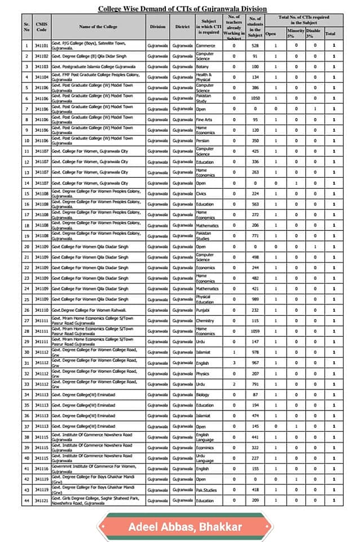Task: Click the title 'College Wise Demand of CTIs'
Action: (182, 9)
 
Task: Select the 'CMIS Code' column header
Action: (41, 27)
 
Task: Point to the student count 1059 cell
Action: (254, 331)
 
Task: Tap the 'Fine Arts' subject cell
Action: (204, 120)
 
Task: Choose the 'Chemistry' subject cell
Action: (204, 321)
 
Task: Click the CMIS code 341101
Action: (41, 45)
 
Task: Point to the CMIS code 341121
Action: (41, 500)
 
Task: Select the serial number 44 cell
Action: (27, 500)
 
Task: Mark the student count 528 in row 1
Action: (254, 45)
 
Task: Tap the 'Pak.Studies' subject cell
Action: (206, 490)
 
